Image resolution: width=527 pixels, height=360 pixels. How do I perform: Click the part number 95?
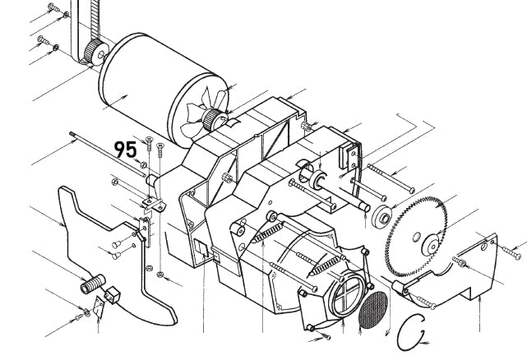125,150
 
